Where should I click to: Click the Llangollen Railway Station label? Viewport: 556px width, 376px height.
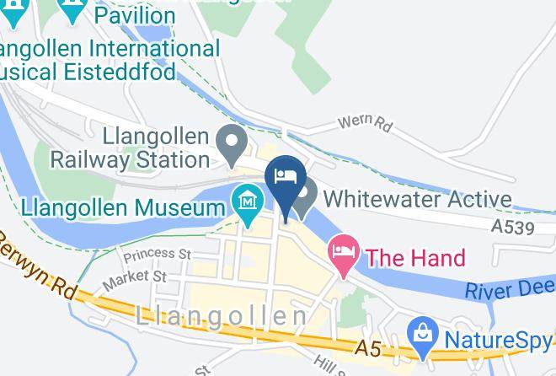pos(130,147)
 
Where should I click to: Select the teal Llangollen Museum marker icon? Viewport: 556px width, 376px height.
pos(248,203)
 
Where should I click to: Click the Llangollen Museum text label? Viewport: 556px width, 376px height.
pos(117,206)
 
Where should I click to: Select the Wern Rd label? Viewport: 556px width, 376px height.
pos(366,124)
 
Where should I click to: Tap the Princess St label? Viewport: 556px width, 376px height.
pos(157,253)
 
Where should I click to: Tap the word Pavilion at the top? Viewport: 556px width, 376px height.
pos(135,14)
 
